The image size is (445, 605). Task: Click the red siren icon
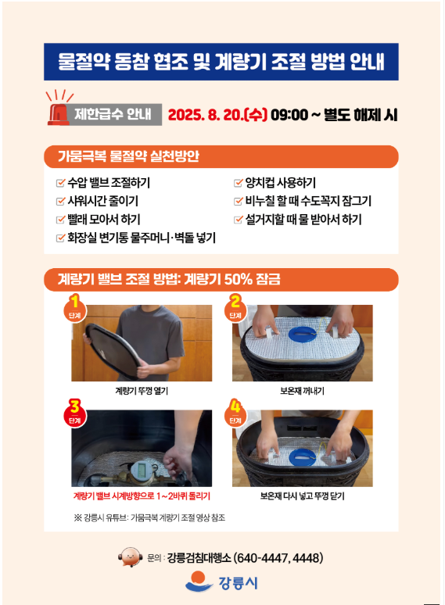(59, 114)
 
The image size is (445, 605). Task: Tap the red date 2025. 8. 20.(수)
(217, 115)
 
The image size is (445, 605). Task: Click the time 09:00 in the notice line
(289, 115)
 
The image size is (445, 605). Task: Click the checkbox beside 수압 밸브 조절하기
(60, 182)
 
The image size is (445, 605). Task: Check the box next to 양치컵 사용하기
(239, 182)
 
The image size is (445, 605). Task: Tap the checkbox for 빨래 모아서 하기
(60, 219)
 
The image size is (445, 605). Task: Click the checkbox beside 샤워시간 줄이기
(60, 201)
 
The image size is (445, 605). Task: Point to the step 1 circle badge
(75, 310)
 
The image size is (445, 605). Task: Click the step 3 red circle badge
(75, 415)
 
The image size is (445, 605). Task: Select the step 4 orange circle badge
(235, 415)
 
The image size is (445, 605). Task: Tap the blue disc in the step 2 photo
(302, 334)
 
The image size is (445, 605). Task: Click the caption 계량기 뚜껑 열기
(142, 391)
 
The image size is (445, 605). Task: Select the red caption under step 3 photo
(142, 496)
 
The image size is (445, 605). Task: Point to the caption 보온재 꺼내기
(302, 391)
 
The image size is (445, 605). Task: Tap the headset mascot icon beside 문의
(131, 557)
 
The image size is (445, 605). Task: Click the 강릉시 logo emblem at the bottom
(199, 582)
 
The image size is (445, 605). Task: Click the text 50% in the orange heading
(238, 279)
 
